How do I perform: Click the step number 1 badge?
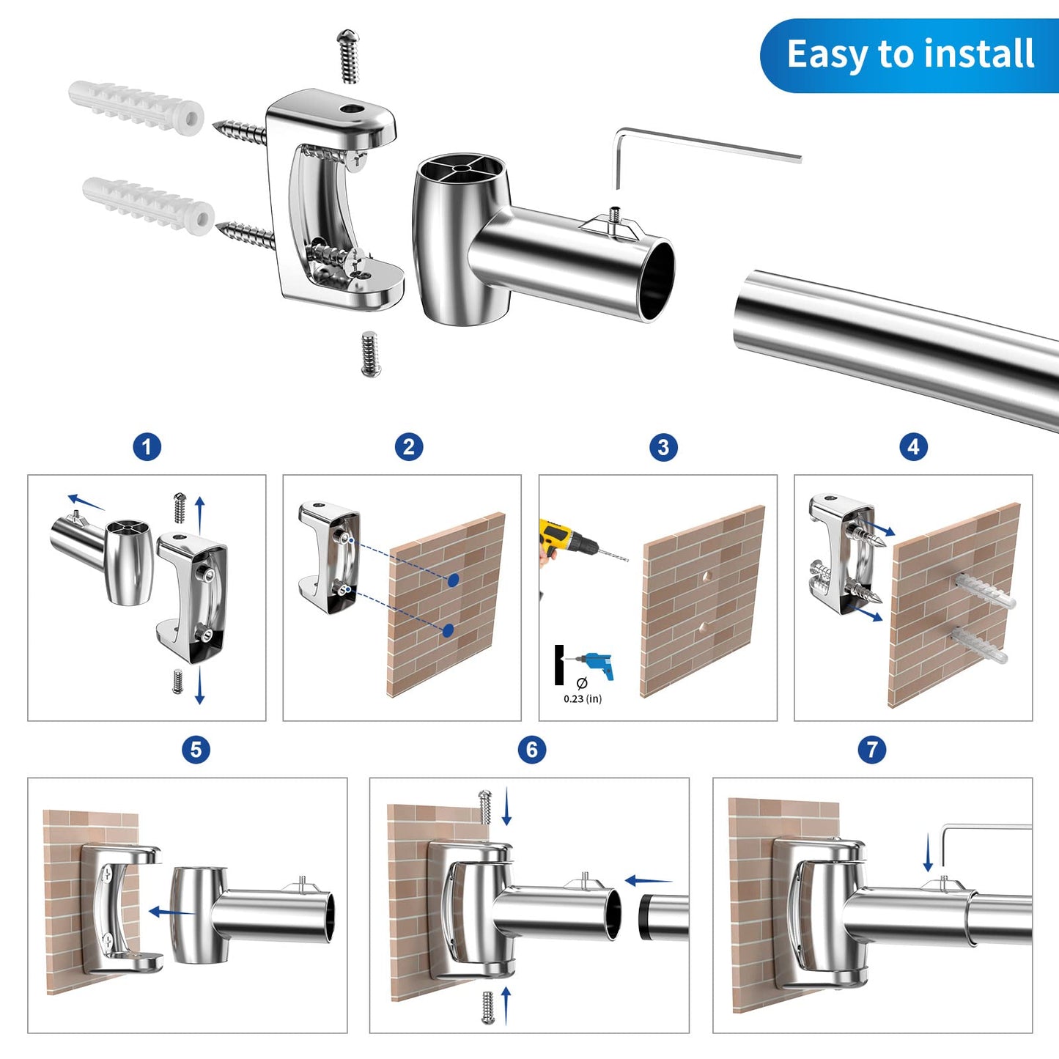(147, 447)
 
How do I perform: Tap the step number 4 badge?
(913, 447)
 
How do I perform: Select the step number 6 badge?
(531, 750)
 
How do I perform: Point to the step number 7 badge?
(871, 750)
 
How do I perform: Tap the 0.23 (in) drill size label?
(583, 698)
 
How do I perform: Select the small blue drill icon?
(597, 665)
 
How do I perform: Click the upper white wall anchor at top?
(136, 106)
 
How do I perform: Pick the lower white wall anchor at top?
(148, 205)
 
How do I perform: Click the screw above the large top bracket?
(349, 57)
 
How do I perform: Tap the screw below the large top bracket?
(371, 354)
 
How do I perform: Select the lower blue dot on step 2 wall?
(448, 630)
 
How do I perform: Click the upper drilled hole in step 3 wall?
(707, 577)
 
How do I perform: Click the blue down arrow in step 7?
(929, 852)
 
